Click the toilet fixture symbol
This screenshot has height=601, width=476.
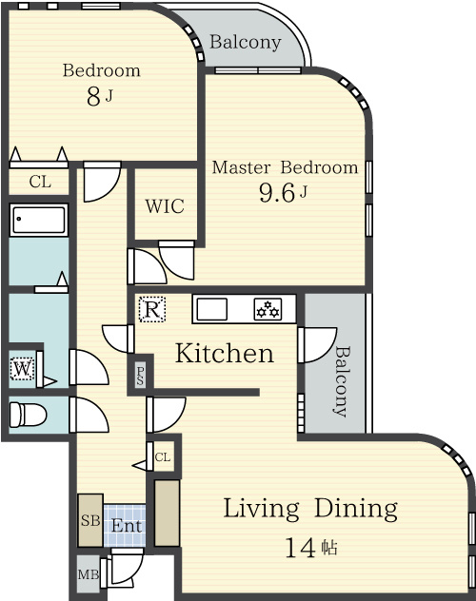tap(28, 414)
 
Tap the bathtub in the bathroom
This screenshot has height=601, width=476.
tap(39, 220)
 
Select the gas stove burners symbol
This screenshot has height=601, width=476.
tap(268, 309)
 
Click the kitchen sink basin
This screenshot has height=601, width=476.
tap(211, 309)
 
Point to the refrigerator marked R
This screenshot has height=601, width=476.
tap(152, 309)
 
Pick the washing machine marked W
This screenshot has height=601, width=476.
tap(22, 369)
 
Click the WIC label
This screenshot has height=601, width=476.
tap(165, 206)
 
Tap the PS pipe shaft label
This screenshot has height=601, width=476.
tap(140, 376)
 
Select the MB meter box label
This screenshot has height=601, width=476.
tap(89, 574)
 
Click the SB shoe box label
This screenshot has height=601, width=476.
tap(90, 520)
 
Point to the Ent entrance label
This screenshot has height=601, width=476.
tap(127, 526)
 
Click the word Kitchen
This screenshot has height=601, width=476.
tap(225, 353)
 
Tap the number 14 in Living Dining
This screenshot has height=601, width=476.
tap(300, 548)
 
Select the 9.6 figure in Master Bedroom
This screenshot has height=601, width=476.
tap(277, 192)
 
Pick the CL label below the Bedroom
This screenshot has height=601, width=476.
tap(40, 182)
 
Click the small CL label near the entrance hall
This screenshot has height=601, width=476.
tap(163, 456)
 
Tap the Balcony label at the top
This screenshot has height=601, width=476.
tap(245, 42)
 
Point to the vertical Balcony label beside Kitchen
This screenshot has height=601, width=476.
tap(341, 381)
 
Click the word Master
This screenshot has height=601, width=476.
tap(241, 167)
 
